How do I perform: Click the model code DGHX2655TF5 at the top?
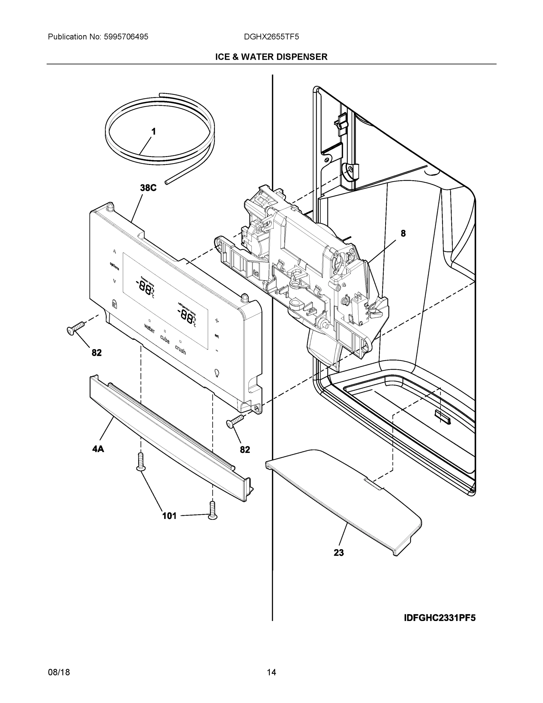[x=271, y=37]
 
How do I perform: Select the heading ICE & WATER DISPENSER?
[x=271, y=57]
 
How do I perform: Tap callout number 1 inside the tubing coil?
[x=153, y=132]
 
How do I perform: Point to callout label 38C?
[x=148, y=188]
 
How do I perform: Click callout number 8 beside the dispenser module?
[x=403, y=233]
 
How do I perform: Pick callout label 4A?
[x=98, y=449]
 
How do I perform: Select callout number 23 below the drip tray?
[x=338, y=553]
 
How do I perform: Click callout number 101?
[x=169, y=516]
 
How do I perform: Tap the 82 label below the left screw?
[x=97, y=353]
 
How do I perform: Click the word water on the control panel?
[x=150, y=328]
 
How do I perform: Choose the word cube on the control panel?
[x=165, y=339]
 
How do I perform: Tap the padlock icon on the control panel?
[x=114, y=303]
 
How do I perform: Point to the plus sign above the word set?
[x=217, y=320]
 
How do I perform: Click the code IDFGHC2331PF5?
[x=439, y=618]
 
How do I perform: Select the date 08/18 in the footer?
[x=59, y=673]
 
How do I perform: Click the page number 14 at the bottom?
[x=271, y=673]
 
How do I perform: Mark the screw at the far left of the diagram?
[x=75, y=328]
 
